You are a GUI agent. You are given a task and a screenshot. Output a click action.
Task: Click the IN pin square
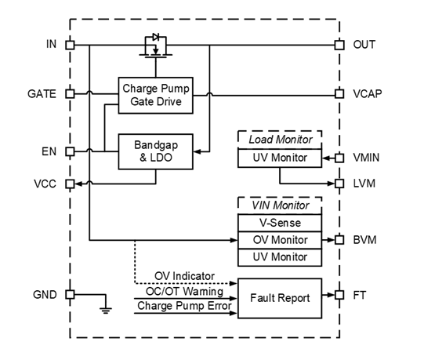pyautogui.click(x=70, y=45)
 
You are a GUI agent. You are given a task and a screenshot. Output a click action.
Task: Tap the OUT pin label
pyautogui.click(x=364, y=45)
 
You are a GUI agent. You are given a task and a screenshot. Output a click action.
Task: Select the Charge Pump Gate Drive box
pyautogui.click(x=156, y=96)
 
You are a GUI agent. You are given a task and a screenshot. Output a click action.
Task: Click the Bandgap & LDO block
pyautogui.click(x=156, y=151)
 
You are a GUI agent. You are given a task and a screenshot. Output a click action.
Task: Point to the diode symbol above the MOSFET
pyautogui.click(x=156, y=37)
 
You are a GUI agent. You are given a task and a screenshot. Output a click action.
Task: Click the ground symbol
pyautogui.click(x=106, y=311)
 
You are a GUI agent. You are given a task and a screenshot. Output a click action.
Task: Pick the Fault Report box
pyautogui.click(x=280, y=298)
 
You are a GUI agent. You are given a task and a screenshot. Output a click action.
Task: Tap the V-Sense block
pyautogui.click(x=280, y=223)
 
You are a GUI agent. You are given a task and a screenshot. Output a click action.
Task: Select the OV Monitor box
pyautogui.click(x=280, y=240)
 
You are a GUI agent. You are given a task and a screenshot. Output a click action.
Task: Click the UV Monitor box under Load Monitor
pyautogui.click(x=280, y=158)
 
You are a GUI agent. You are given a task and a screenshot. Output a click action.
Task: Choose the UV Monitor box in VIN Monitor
pyautogui.click(x=280, y=257)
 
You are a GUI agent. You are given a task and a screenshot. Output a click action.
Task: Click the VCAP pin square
pyautogui.click(x=339, y=94)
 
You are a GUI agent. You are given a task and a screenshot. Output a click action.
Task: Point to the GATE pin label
pyautogui.click(x=42, y=94)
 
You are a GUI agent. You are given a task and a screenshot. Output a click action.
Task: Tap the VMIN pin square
pyautogui.click(x=339, y=158)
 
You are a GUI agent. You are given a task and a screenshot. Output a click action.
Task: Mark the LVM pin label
pyautogui.click(x=364, y=184)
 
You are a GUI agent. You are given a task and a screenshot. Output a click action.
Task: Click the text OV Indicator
pyautogui.click(x=184, y=276)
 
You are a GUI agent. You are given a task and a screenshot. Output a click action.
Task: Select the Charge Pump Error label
pyautogui.click(x=184, y=306)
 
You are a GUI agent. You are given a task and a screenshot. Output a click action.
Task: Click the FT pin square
pyautogui.click(x=339, y=295)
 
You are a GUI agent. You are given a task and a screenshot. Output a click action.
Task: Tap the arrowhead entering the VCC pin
pyautogui.click(x=78, y=184)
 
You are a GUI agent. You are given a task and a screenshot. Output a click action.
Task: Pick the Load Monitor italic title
pyautogui.click(x=281, y=140)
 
